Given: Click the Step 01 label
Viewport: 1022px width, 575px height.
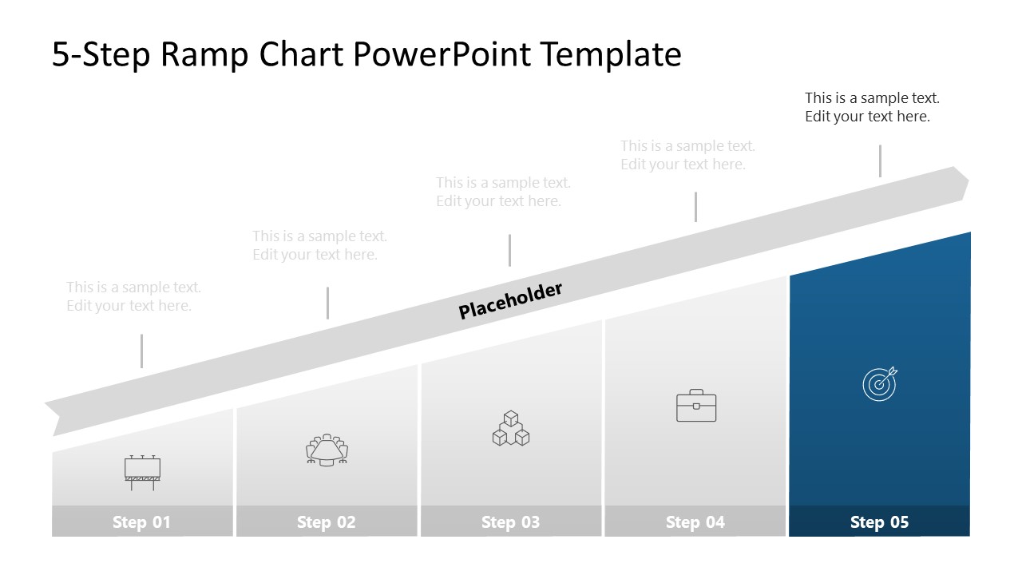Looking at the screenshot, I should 141,522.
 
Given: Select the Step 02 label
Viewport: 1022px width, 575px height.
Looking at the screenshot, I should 326,522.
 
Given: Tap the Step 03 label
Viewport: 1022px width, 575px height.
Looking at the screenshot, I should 510,522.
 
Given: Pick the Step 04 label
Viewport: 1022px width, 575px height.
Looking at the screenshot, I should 695,522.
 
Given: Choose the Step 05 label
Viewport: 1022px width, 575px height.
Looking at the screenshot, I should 879,522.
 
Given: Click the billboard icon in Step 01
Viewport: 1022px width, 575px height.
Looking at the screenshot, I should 142,471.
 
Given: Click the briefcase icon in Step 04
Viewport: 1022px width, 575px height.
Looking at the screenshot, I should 696,406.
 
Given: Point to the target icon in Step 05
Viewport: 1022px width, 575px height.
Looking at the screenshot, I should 880,384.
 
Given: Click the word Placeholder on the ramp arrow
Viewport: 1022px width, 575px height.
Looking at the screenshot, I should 511,300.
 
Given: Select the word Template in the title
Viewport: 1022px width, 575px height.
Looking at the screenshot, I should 611,54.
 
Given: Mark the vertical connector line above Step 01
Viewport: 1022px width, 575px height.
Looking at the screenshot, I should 142,351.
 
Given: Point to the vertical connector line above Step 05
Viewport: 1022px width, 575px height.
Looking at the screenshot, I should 880,161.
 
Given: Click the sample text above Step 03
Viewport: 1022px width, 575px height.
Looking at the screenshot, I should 503,192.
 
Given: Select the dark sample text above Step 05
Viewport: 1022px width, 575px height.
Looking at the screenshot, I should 872,107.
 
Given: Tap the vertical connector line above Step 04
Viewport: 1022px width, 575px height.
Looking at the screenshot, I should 695,206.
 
